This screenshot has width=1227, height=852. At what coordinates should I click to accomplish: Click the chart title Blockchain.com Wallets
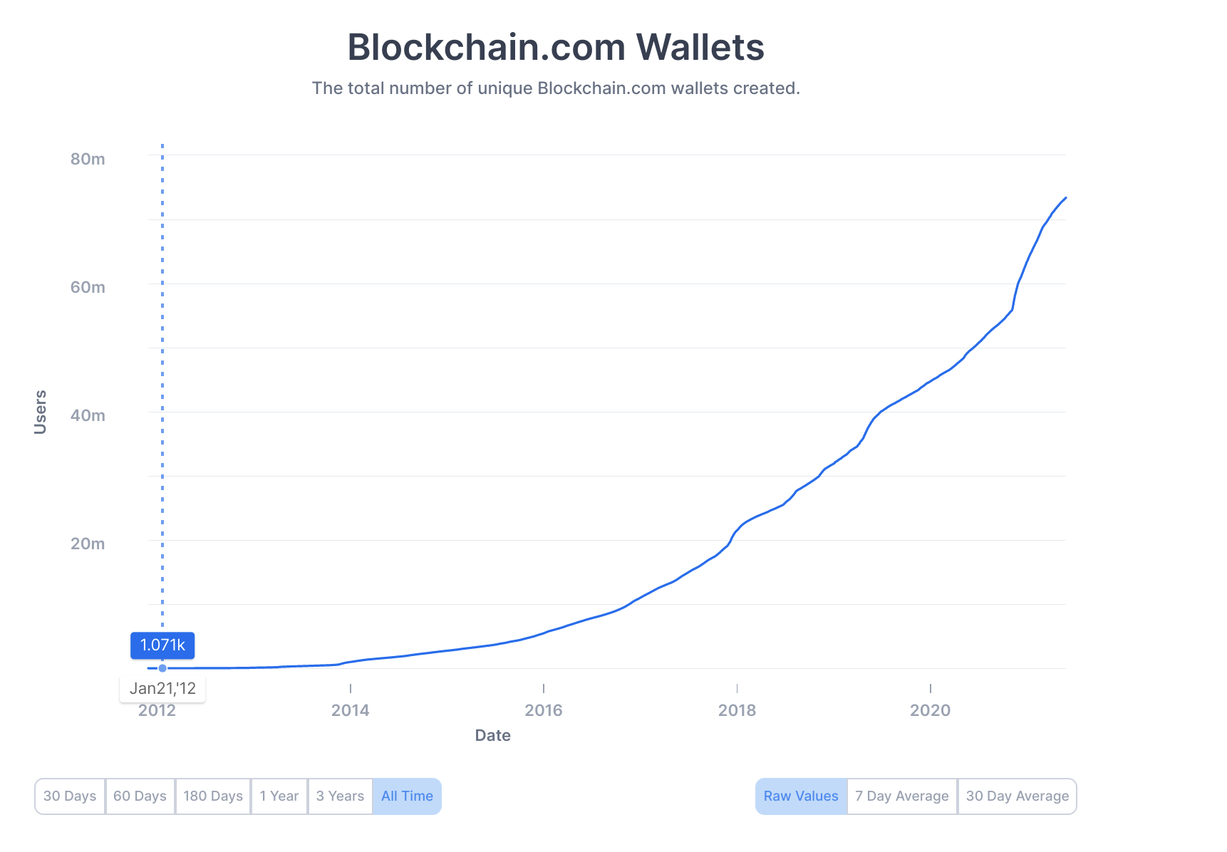coord(555,47)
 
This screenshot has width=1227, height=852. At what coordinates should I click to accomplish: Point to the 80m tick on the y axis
coord(88,159)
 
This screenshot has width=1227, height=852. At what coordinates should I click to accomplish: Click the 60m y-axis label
coord(88,287)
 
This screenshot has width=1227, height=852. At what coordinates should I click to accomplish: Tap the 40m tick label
coord(88,415)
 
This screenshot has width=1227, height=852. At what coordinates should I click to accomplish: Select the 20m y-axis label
coord(88,544)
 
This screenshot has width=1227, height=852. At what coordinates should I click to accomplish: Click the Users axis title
coord(41,412)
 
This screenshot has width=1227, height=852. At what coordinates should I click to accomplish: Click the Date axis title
coord(492,735)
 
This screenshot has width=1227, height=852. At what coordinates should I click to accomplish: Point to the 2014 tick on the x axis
coord(350,710)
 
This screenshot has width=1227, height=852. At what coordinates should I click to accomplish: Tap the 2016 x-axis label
coord(544,710)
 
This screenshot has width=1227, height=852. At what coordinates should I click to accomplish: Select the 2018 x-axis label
coord(737,710)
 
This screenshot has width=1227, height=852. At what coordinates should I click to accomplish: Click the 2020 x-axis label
coord(930,710)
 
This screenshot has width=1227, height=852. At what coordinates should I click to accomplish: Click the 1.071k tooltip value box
coord(162,645)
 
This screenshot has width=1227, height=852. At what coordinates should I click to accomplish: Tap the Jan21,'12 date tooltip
coord(162,689)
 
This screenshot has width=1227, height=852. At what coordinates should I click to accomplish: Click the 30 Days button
coord(70,796)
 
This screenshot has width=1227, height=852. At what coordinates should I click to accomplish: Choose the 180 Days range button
coord(213,796)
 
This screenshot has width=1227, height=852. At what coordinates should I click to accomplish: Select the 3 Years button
coord(340,796)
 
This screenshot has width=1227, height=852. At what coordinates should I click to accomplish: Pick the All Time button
coord(407,796)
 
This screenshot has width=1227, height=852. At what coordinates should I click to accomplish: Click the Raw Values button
coord(801,796)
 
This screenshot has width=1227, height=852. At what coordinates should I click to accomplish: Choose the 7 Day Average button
coord(902,796)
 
